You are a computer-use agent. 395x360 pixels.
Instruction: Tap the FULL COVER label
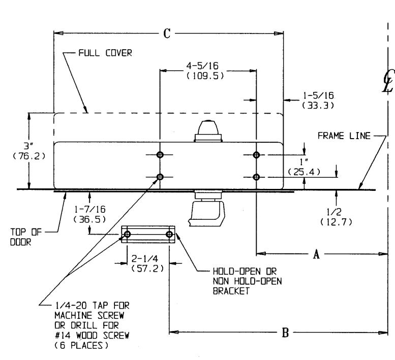(x=105, y=53)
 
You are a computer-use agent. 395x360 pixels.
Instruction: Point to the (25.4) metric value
(x=303, y=172)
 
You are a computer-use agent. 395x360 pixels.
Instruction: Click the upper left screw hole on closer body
(x=160, y=155)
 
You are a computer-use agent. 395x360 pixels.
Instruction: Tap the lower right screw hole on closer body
(x=256, y=177)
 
